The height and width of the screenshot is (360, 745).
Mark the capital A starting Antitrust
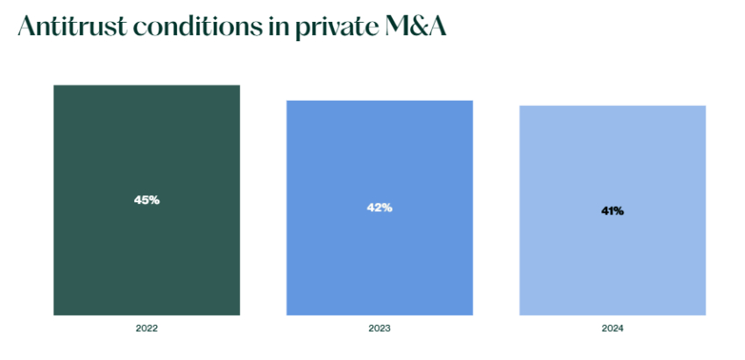27,27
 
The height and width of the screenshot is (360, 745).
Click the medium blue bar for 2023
380,263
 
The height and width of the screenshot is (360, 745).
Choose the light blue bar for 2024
613,263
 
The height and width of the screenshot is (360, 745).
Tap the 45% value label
146,200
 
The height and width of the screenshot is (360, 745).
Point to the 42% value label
380,208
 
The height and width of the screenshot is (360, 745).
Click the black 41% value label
613,211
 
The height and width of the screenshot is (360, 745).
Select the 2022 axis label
146,328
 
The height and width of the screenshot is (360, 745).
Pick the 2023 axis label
380,328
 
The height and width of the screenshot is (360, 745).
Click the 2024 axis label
613,328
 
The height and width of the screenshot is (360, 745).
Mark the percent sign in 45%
154,200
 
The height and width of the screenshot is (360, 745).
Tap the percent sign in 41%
619,211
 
